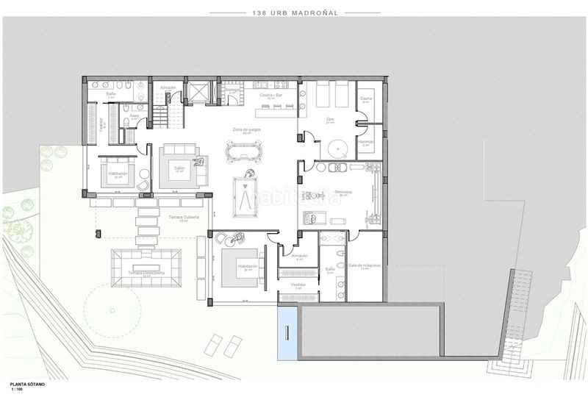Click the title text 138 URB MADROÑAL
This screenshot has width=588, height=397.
coord(294,12)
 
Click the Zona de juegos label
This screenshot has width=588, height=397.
coord(246,130)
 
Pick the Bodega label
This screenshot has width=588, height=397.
coord(232,90)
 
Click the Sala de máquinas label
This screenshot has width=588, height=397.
coord(363,265)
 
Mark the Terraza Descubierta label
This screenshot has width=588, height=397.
coord(146,273)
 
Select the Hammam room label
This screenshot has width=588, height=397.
coord(365,141)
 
